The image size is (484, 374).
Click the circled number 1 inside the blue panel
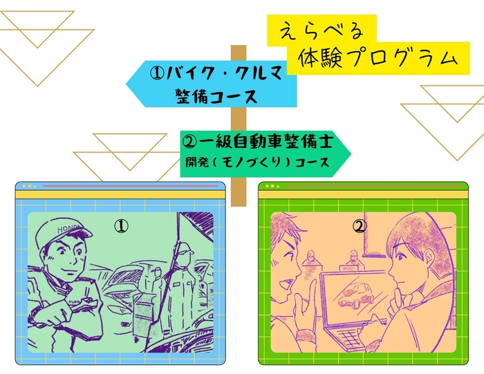(121, 226)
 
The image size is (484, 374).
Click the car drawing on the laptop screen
(352, 297)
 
